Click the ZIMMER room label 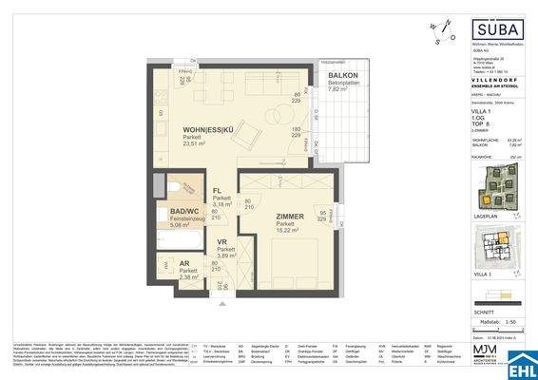point(284,218)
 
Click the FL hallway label point(218,190)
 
